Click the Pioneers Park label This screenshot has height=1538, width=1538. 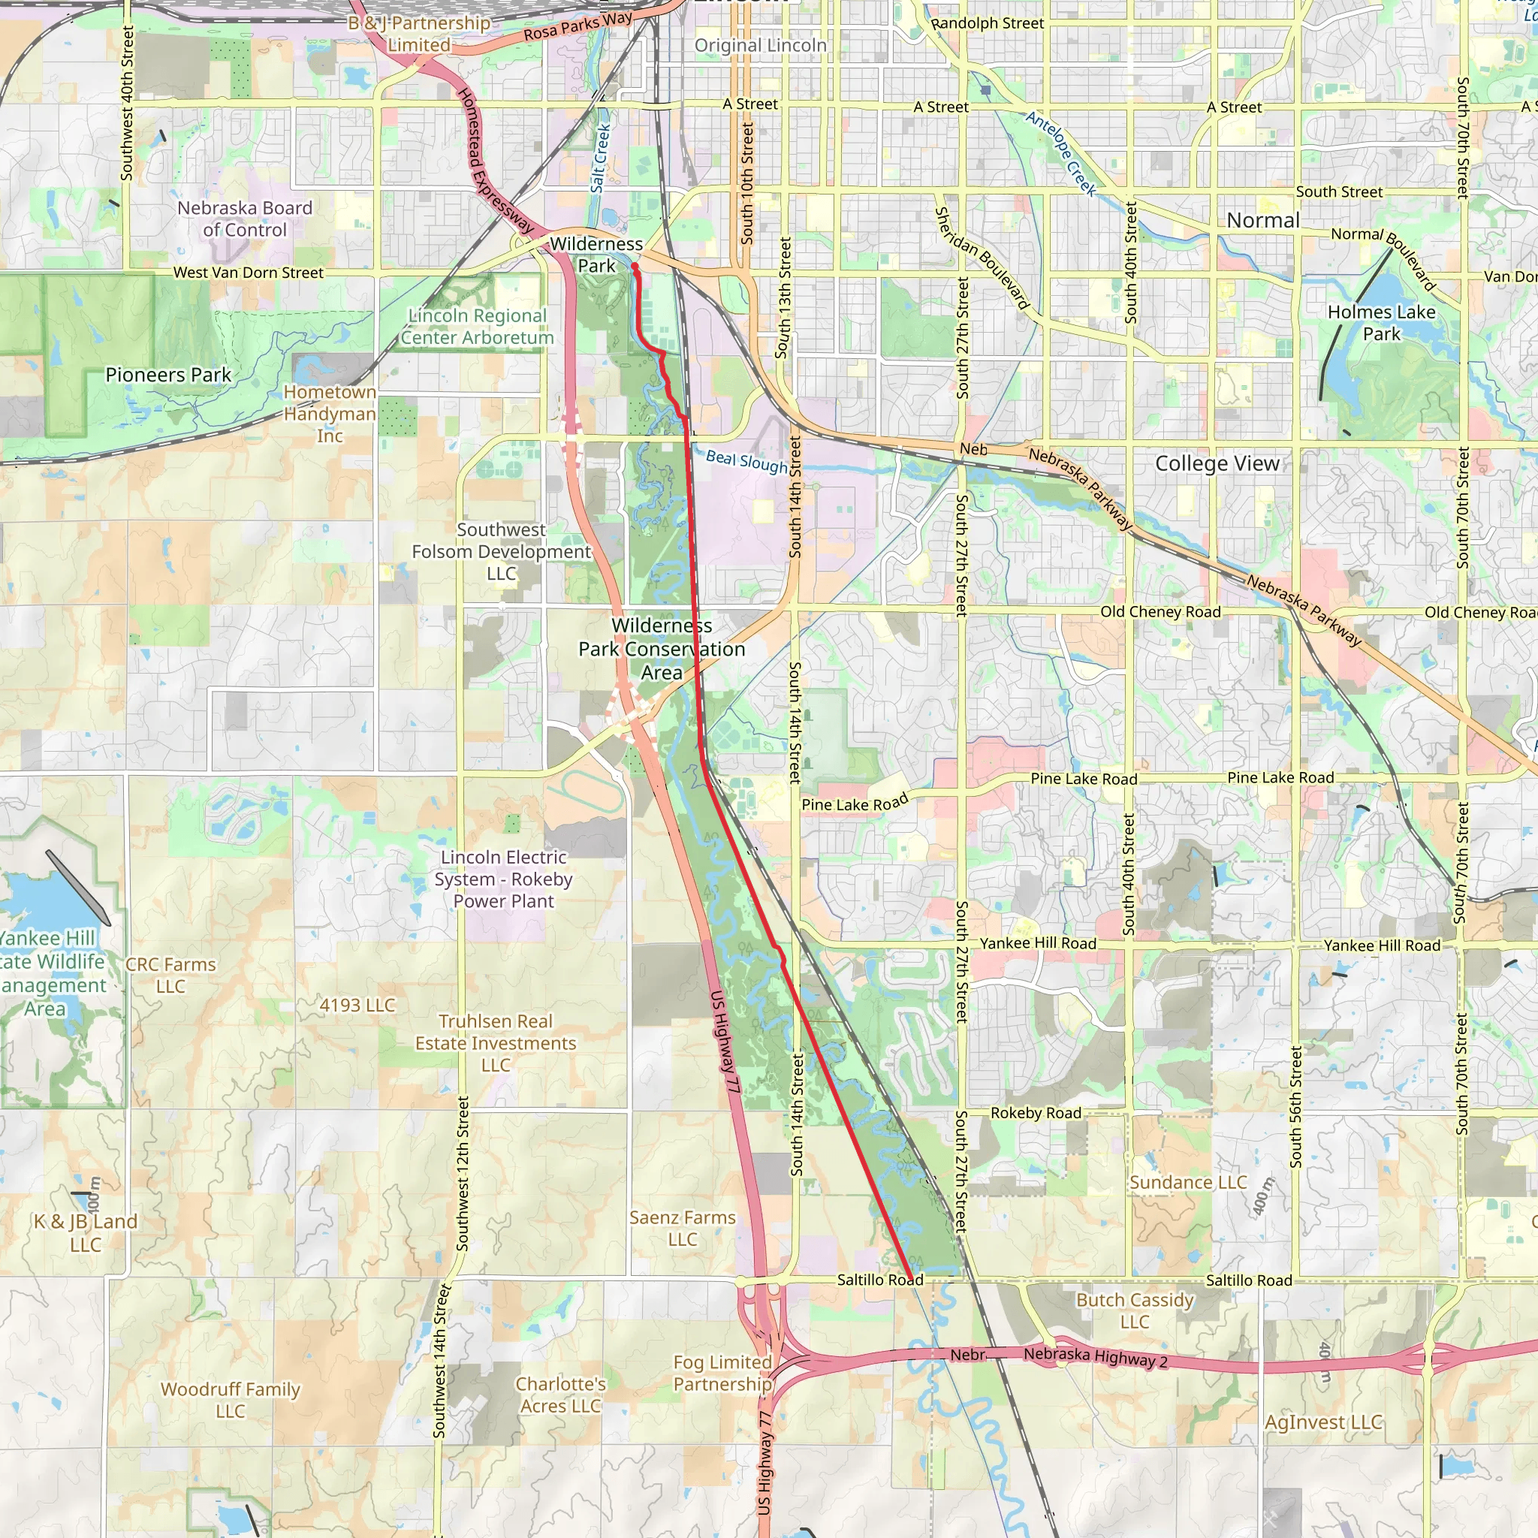point(168,375)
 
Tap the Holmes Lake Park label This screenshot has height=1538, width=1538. point(1381,323)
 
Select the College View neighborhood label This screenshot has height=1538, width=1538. point(1217,463)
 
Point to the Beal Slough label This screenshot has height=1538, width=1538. point(746,461)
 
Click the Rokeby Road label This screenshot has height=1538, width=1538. point(1036,1113)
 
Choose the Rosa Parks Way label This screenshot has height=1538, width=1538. point(578,26)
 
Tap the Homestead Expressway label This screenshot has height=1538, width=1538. point(494,159)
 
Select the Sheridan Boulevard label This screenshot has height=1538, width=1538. point(982,258)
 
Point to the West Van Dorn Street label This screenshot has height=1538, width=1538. point(249,273)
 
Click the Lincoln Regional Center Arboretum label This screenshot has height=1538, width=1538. point(478,327)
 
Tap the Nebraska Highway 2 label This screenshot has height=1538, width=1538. point(1096,1356)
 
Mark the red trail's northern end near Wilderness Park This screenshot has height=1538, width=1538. point(635,268)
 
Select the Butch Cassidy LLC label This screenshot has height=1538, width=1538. point(1135,1310)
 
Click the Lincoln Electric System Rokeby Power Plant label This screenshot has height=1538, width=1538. point(503,879)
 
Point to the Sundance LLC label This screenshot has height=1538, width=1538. point(1188,1182)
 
